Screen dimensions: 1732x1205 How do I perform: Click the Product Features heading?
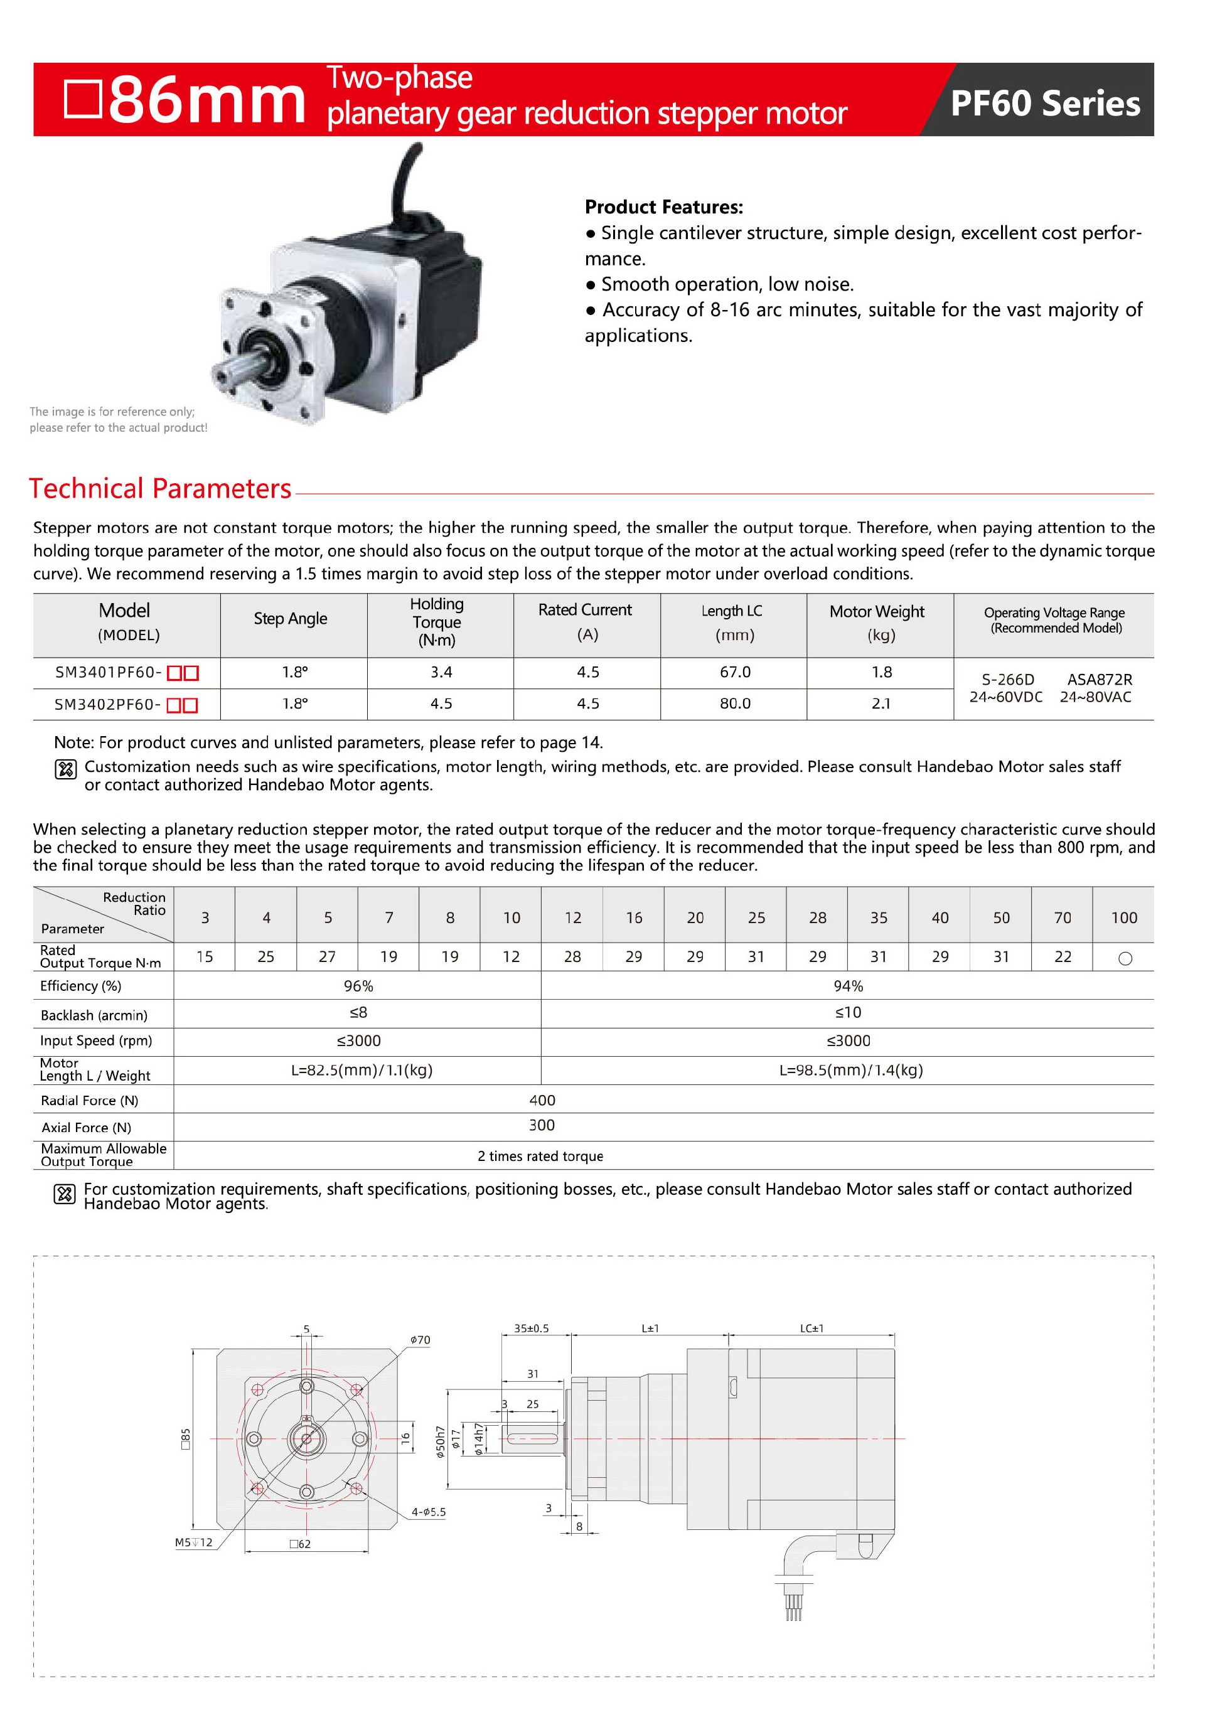click(x=663, y=206)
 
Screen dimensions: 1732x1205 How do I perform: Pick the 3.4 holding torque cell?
click(x=441, y=671)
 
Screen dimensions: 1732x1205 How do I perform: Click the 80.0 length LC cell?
click(x=734, y=703)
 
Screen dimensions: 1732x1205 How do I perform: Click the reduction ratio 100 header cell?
click(x=1123, y=917)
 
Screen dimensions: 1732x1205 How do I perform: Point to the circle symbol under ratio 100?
click(x=1124, y=958)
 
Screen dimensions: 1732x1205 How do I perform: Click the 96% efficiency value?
click(x=358, y=986)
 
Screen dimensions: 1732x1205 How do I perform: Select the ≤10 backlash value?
click(x=848, y=1012)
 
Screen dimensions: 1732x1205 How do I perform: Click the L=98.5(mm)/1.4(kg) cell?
click(x=850, y=1070)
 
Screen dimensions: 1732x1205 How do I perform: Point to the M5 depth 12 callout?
click(x=193, y=1542)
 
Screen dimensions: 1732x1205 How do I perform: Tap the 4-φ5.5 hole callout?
click(x=428, y=1512)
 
